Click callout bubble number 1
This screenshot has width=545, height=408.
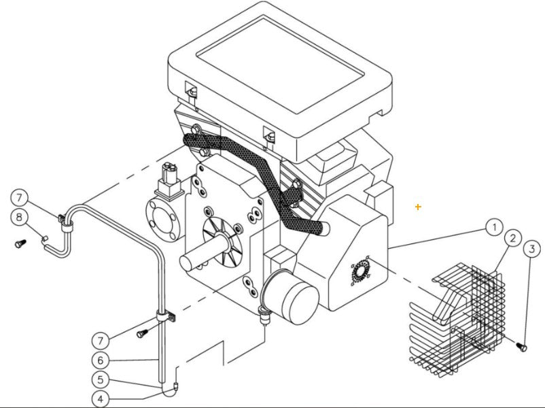coord(495,226)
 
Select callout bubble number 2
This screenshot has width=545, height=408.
coord(512,239)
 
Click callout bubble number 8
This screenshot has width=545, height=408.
coord(20,218)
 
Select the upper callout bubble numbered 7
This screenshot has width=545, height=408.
coord(20,198)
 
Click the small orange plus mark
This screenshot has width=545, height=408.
coord(418,206)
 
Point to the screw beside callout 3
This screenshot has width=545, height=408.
coord(522,347)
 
